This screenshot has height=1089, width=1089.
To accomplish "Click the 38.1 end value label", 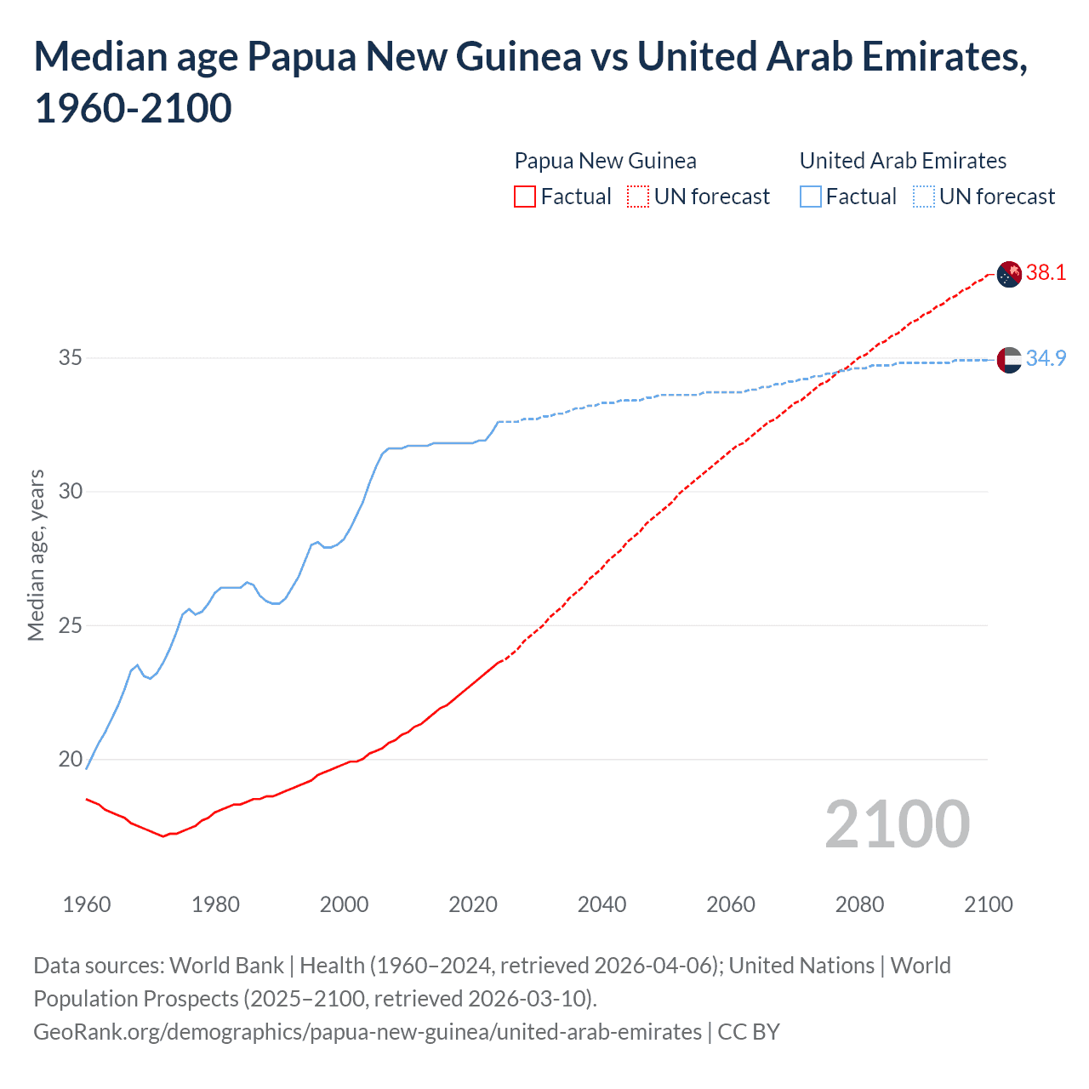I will coord(1046,272).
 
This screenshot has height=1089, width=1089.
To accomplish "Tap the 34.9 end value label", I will coord(1046,358).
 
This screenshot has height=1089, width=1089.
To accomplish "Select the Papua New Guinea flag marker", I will coord(1008,275).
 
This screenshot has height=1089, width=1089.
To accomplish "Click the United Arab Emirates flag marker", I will coord(1008,360).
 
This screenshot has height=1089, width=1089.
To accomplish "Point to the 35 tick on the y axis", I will coord(71,357).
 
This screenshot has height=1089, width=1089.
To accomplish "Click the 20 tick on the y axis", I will coord(71,759).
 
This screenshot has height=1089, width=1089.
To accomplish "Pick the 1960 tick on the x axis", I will coord(87,904).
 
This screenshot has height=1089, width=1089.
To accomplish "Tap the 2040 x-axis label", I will coord(602,904).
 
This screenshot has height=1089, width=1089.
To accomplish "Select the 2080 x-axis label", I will coord(859,904).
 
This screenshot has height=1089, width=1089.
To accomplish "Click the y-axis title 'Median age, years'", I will coord(36,555).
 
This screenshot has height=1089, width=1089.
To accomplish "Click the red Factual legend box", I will coord(525,197).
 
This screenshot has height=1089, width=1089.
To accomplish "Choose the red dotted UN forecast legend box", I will coord(638,197).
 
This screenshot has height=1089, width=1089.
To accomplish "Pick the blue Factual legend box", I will coord(811,197).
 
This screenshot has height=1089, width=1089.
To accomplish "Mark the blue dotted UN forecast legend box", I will coord(923,197).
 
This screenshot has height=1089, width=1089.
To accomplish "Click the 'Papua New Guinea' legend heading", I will coord(605,161).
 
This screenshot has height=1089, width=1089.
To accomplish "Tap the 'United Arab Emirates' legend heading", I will coord(903,161).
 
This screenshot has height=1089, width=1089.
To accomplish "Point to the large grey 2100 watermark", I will coord(897,824).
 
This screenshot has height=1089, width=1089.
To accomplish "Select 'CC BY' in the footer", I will coord(749,1032).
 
